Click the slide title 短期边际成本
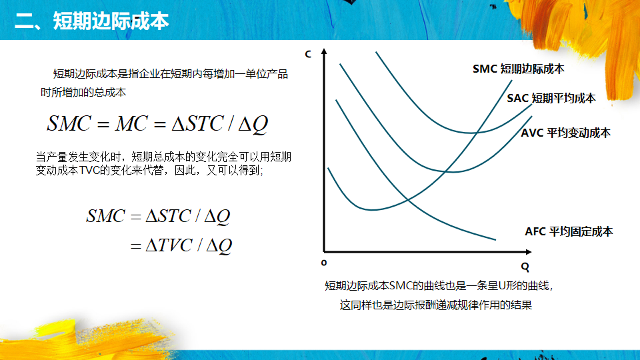tap(111, 21)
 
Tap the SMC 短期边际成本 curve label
tap(519, 69)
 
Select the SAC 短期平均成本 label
tap(551, 99)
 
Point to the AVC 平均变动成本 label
tap(566, 133)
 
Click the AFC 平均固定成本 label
tap(569, 232)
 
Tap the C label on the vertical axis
tap(308, 54)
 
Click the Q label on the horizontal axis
tap(525, 267)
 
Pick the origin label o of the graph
tap(324, 263)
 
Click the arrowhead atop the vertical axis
tap(324, 51)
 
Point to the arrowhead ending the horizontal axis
tap(529, 252)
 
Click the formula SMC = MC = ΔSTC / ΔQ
tap(157, 124)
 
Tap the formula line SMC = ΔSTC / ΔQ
tap(159, 216)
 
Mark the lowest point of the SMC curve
tap(371, 210)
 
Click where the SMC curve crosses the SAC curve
tap(476, 133)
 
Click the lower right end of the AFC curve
tap(495, 239)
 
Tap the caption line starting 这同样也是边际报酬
tap(436, 305)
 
